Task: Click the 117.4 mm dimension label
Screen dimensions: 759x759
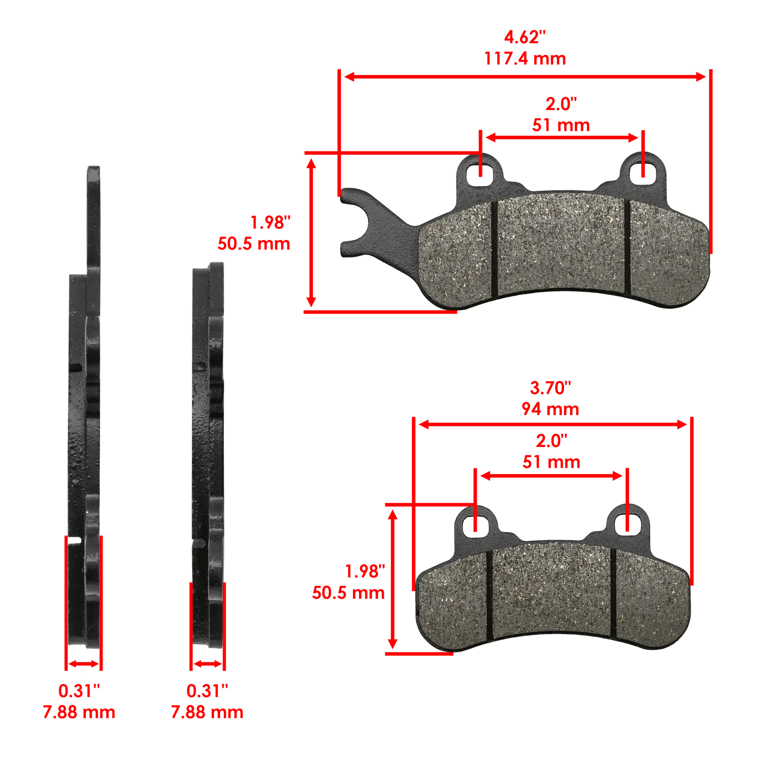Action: click(x=525, y=59)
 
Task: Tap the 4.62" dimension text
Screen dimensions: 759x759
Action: click(x=525, y=37)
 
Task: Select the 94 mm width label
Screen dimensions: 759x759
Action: click(x=550, y=409)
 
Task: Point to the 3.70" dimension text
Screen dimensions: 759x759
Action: click(x=550, y=388)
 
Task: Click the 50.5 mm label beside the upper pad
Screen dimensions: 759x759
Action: click(x=254, y=244)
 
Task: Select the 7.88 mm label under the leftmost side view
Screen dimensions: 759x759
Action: click(x=79, y=713)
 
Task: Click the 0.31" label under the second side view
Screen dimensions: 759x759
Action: click(x=207, y=691)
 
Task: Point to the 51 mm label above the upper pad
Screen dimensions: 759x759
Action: click(x=561, y=125)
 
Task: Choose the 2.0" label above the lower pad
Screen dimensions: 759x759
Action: click(x=551, y=441)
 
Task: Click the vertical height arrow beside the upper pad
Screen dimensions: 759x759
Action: click(x=311, y=232)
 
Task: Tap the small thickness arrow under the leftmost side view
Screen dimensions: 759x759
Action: click(x=83, y=664)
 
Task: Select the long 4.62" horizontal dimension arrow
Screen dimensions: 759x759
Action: click(x=525, y=77)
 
